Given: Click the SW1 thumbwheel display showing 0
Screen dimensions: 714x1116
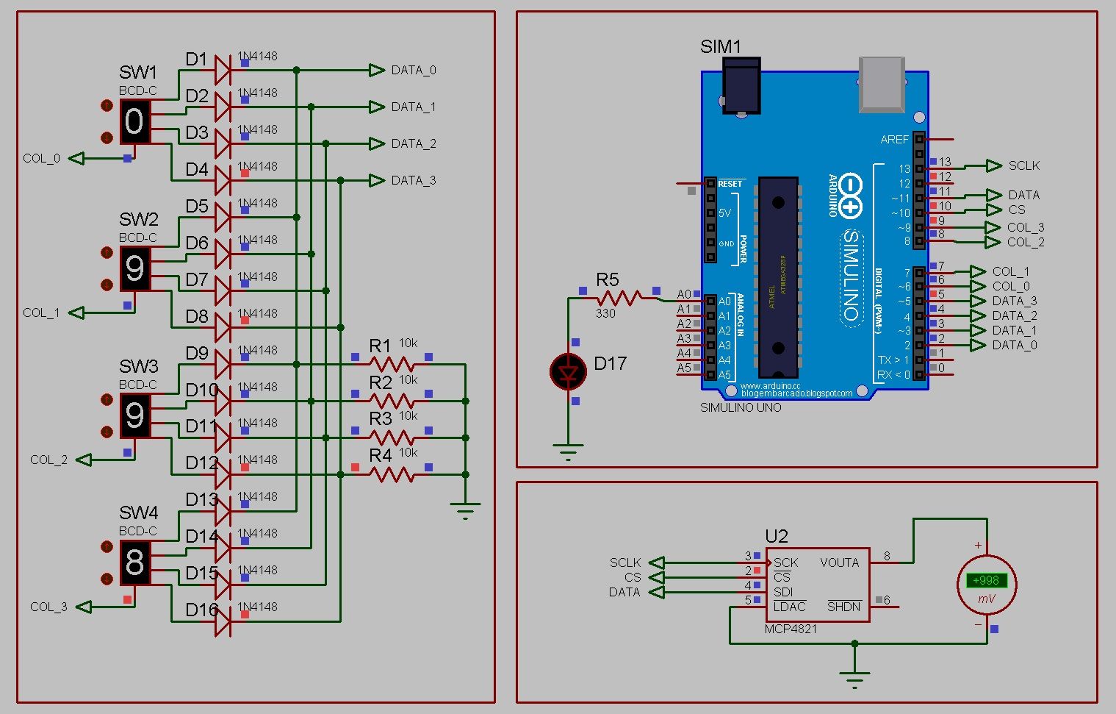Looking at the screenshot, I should pos(134,121).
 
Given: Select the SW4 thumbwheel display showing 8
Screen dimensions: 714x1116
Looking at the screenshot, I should pos(134,563).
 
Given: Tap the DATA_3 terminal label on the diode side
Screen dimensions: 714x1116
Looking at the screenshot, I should pos(413,180).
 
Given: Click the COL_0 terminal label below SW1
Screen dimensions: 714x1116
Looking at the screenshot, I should pos(41,158).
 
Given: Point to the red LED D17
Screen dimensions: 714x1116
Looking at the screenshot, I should pos(568,372).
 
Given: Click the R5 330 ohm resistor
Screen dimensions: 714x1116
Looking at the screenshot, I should pos(619,298).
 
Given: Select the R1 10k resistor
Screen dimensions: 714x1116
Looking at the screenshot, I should pos(392,364).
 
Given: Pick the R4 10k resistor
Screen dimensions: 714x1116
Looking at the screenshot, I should pos(392,474).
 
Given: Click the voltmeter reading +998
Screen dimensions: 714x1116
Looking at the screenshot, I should pos(986,581).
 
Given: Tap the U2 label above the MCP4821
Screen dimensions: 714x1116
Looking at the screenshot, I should pos(776,536).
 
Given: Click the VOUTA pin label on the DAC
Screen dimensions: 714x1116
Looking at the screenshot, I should pos(839,563).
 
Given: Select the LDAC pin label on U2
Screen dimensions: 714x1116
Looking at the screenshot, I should pos(789,607).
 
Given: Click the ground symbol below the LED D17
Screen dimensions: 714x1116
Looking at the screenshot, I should pos(568,451).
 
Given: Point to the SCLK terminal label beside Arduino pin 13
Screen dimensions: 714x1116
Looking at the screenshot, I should pos(1023,165).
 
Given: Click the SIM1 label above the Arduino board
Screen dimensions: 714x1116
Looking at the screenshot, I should pos(720,46).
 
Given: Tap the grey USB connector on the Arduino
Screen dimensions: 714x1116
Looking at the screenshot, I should pos(881,84).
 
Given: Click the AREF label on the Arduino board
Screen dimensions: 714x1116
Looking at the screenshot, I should pos(894,139).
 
